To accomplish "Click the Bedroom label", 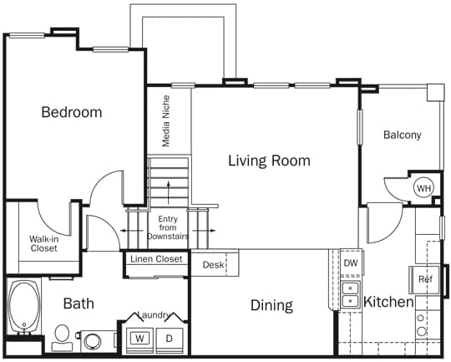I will point(72,112).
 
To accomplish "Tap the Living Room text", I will point(269,161).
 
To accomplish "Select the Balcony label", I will point(403,135).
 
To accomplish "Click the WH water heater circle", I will point(424,188).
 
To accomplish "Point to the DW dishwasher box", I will point(350,263).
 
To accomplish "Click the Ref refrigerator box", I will point(425,279).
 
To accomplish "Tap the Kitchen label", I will point(388,302).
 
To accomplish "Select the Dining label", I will point(271,305).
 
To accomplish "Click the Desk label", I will point(214,265).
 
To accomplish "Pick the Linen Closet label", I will point(156,259).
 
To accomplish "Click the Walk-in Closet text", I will point(43,243).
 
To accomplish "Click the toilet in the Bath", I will point(61,336).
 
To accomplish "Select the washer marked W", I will point(140,339).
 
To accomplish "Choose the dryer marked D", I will point(169,339).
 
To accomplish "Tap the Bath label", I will point(78,303).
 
